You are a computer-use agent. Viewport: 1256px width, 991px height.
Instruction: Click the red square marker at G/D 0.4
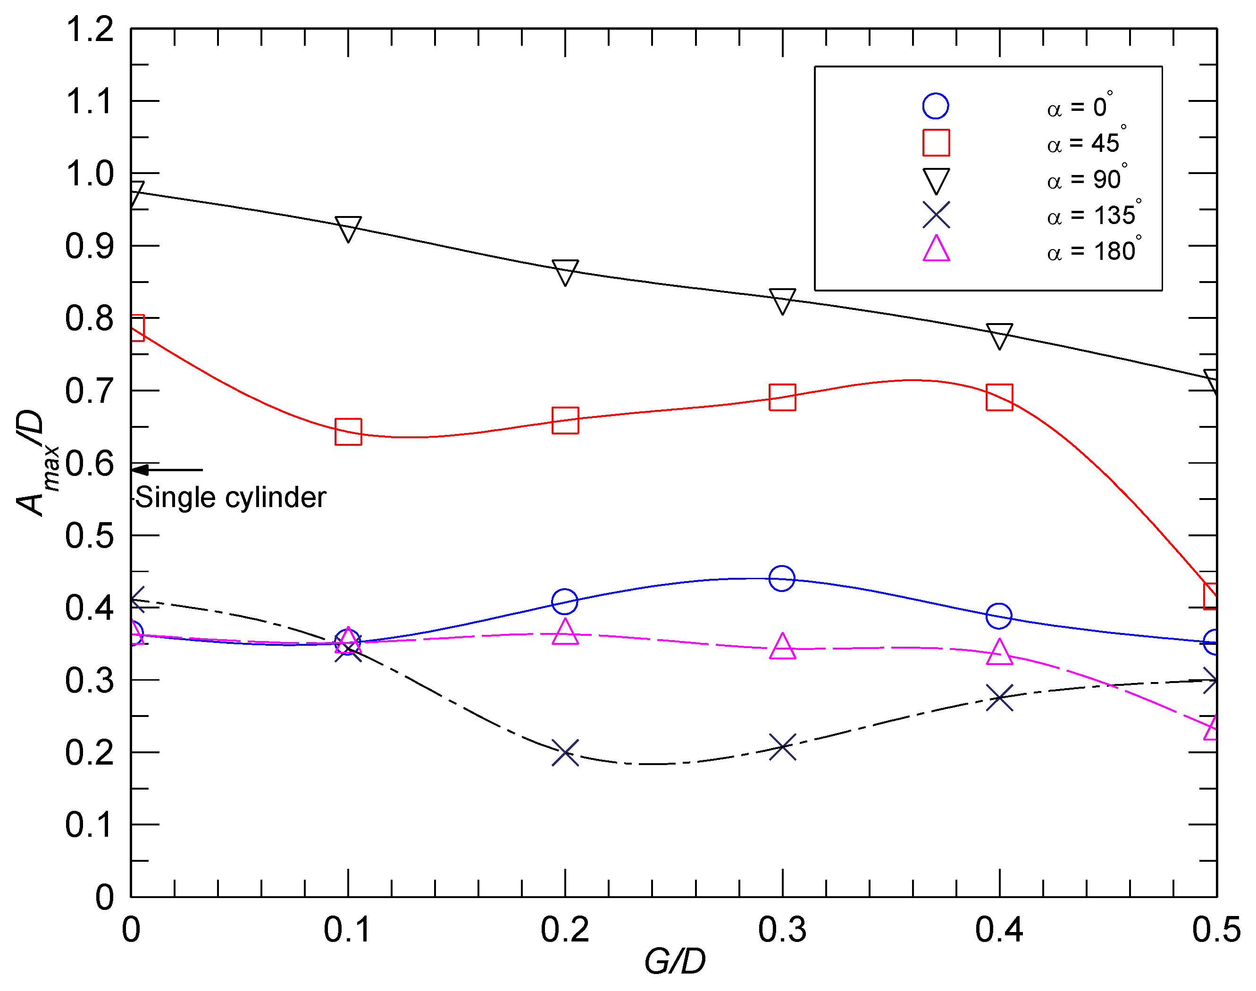(x=999, y=398)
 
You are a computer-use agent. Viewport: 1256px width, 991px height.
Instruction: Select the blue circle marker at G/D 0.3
(x=781, y=578)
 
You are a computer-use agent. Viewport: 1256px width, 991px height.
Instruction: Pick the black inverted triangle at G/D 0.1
(x=348, y=228)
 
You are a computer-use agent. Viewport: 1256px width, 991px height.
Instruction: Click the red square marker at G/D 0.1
(x=348, y=432)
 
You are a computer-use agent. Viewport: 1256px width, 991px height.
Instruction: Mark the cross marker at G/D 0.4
(x=999, y=698)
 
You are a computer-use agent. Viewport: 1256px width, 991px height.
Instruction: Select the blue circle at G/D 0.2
(x=565, y=602)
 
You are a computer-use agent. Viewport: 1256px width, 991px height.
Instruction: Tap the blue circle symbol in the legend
(x=936, y=106)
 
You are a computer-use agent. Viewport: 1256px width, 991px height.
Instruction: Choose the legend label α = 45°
(x=1086, y=143)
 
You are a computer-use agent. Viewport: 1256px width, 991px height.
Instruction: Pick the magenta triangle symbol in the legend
(x=936, y=250)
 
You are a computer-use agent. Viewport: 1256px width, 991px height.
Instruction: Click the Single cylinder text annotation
(x=230, y=498)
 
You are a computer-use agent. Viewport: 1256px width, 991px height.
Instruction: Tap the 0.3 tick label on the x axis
(x=782, y=930)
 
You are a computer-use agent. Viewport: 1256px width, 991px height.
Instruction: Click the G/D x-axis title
(x=674, y=962)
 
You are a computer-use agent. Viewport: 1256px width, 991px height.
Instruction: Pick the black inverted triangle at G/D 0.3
(x=782, y=300)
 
